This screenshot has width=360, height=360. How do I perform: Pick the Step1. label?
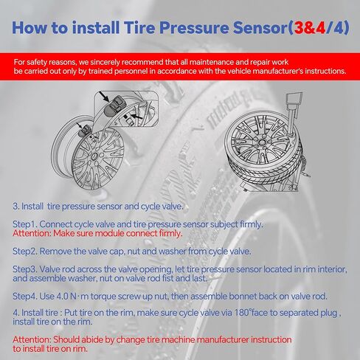pos(24,223)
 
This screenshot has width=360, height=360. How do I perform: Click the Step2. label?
pos(24,251)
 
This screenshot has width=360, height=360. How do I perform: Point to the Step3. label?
pos(24,270)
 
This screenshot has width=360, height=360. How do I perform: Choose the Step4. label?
pos(24,296)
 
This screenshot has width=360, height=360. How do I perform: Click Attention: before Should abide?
pos(33,339)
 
